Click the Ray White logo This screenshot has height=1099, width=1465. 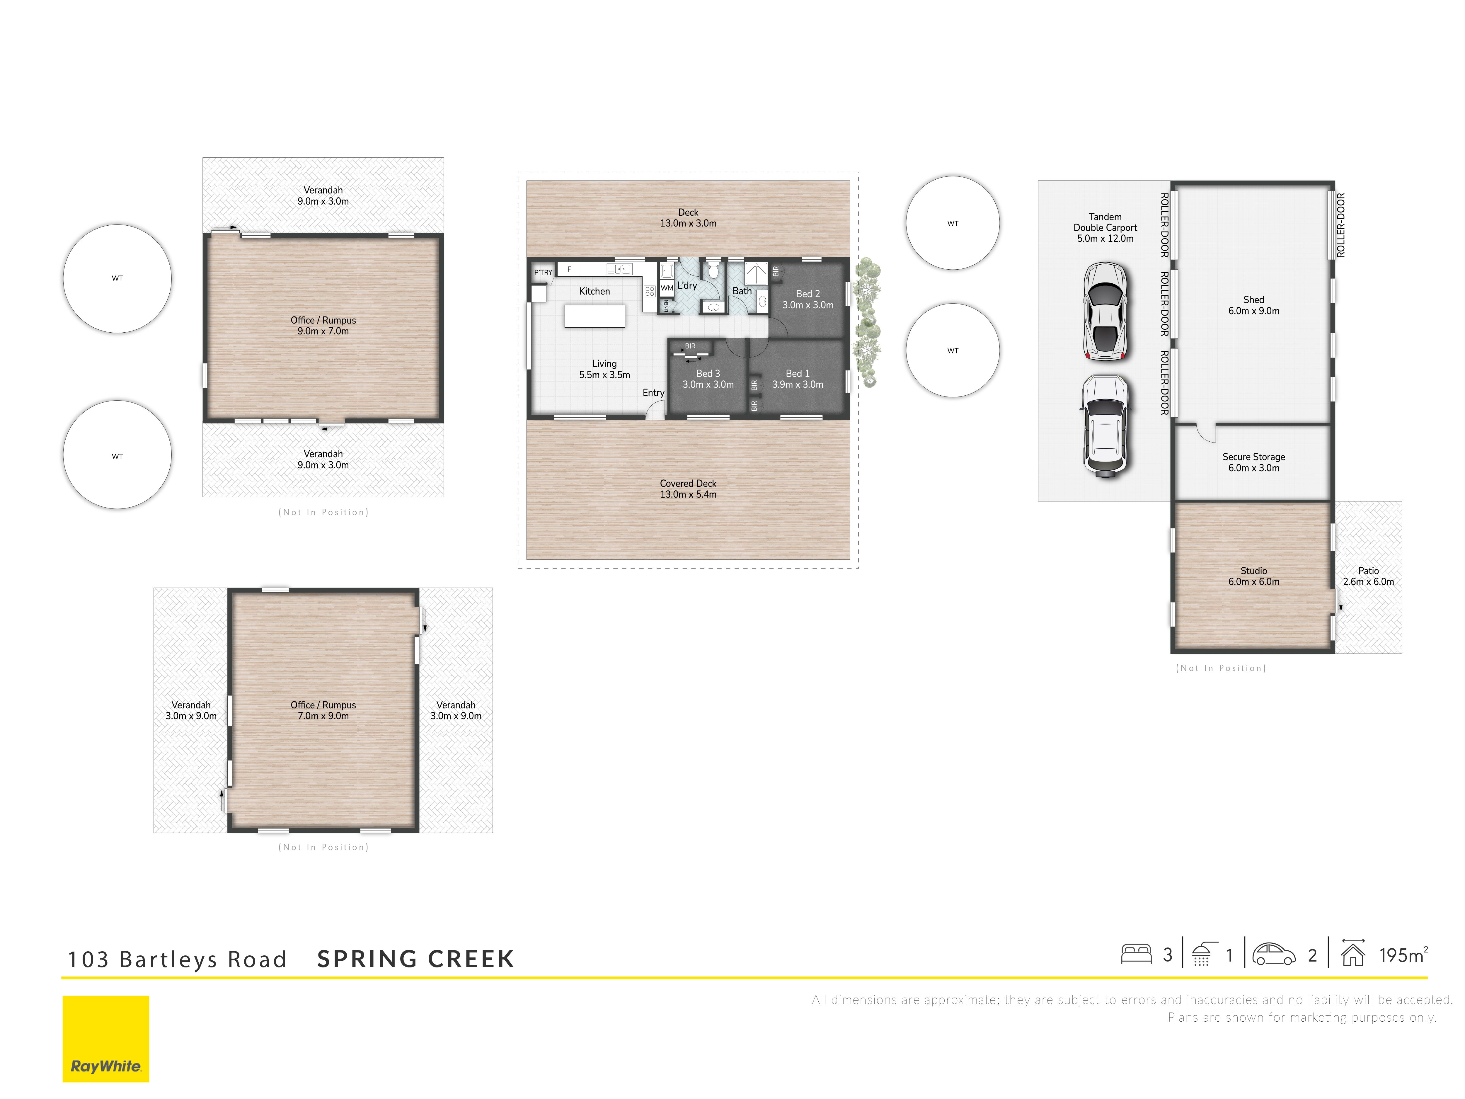106,1039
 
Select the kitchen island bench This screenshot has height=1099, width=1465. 595,316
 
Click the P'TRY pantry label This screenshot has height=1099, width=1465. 543,272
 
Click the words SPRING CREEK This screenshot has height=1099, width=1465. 415,959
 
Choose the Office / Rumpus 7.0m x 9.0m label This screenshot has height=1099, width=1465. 323,710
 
